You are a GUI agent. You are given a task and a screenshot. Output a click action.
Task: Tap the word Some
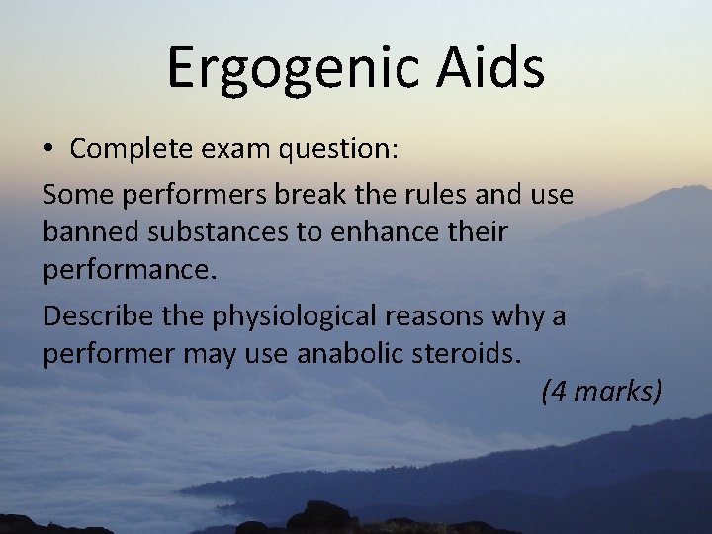78,194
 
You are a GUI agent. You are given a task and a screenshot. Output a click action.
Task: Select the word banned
86,233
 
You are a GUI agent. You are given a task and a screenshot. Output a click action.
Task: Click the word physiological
280,317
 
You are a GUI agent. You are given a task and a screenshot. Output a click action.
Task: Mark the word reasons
428,317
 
